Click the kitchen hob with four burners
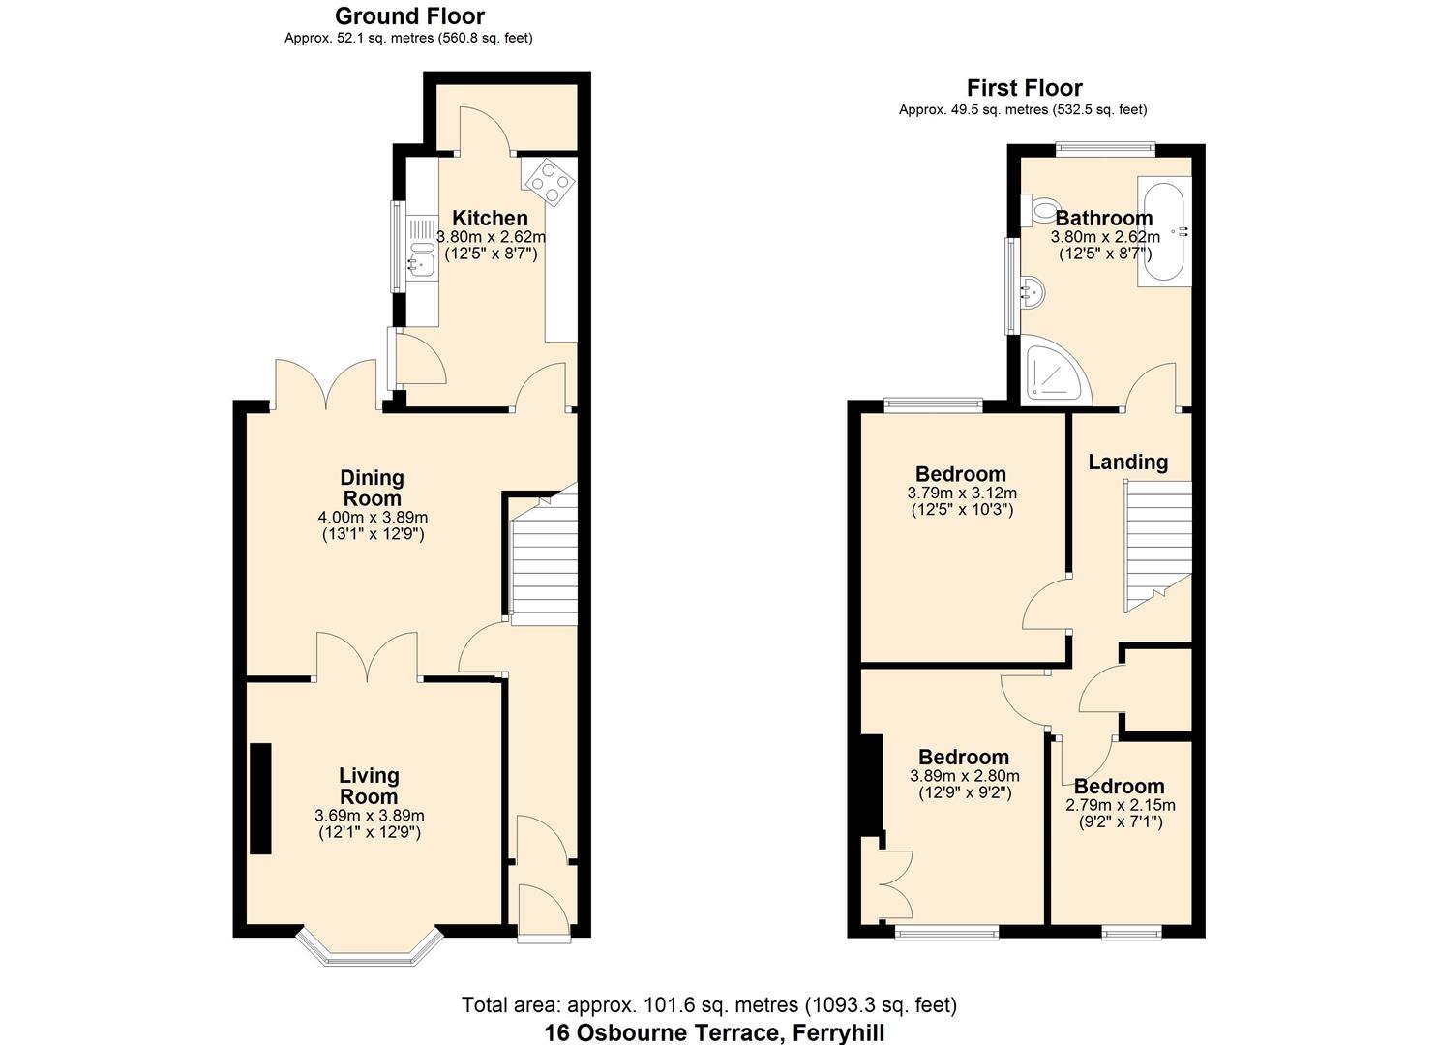pos(548,182)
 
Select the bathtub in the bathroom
pos(1163,231)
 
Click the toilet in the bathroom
pos(1040,208)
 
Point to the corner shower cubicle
pos(1052,373)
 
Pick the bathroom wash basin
pos(1032,290)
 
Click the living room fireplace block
pos(260,798)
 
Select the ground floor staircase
pos(542,561)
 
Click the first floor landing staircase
pos(1156,547)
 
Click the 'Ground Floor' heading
pos(409,16)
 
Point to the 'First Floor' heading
pos(1024,88)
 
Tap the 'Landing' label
pos(1127,463)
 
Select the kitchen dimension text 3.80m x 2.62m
pos(491,236)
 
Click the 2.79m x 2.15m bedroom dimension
pos(1121,805)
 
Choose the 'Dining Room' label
pos(372,488)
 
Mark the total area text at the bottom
pos(708,1005)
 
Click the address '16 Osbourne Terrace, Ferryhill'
pos(714,1032)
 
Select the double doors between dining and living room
pos(367,658)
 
